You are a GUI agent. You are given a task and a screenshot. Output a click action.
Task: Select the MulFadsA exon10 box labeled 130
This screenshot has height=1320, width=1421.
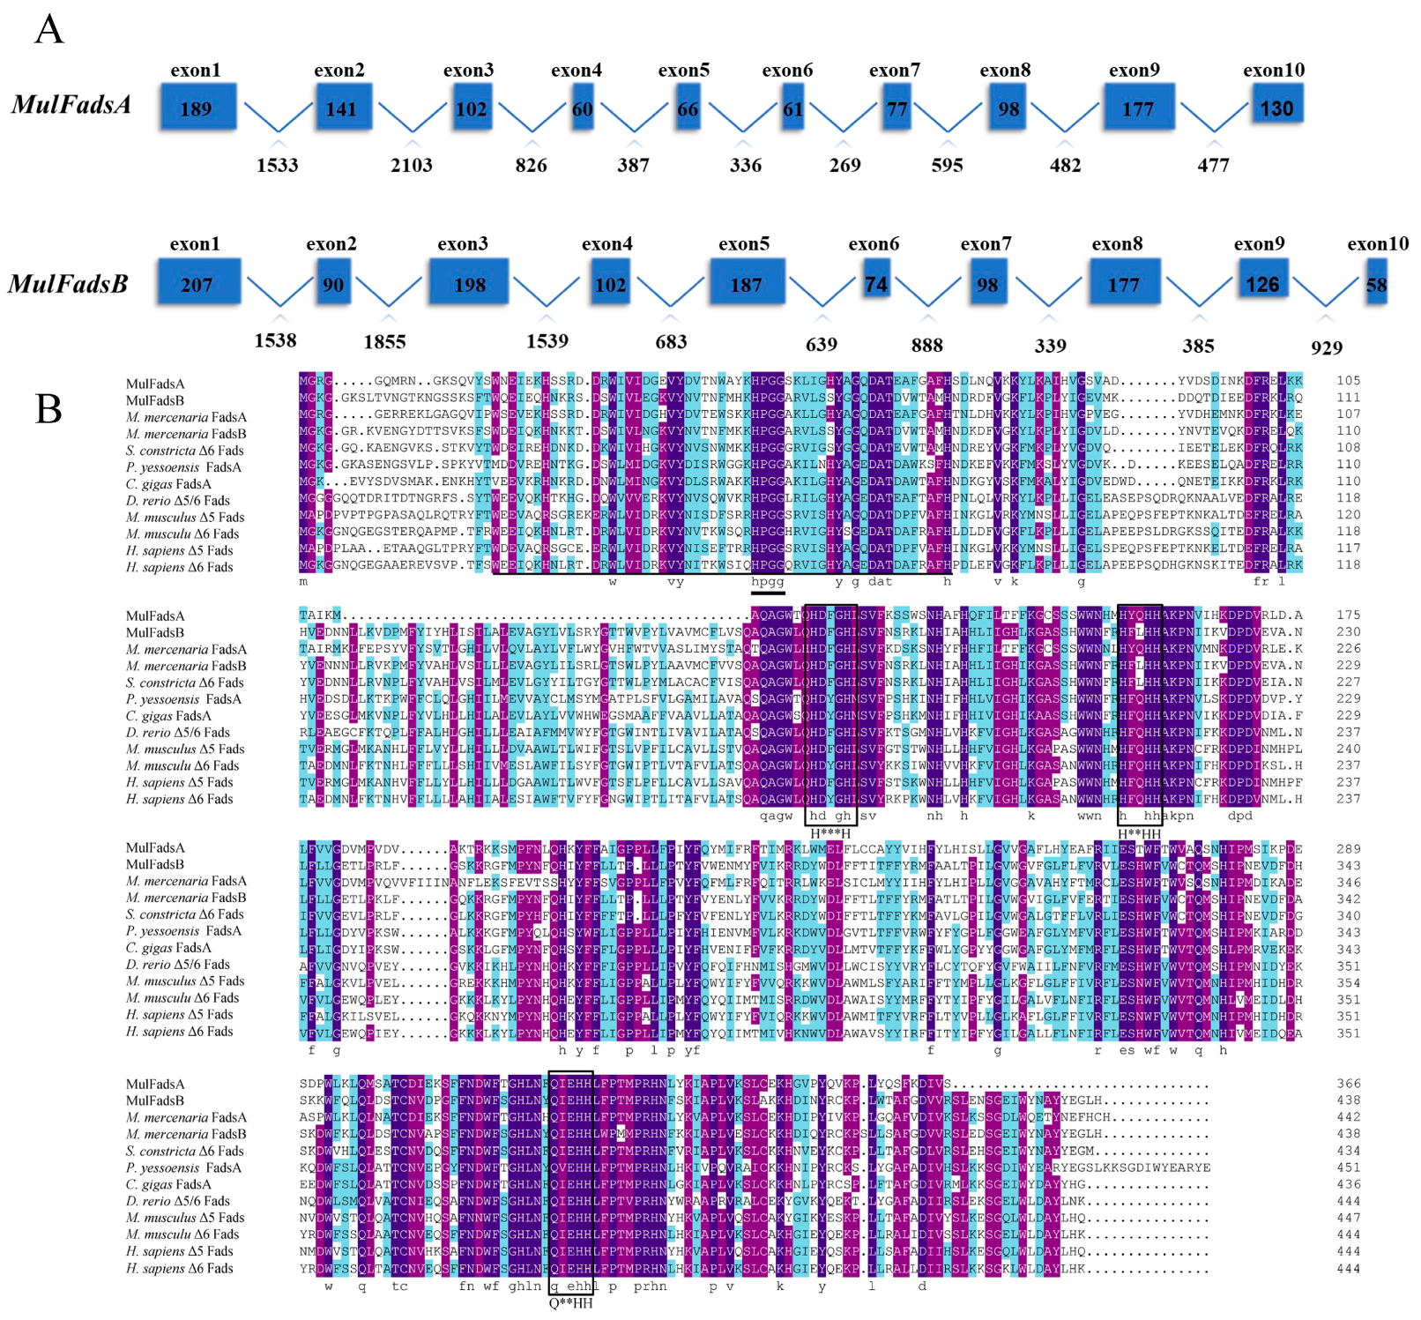(x=1276, y=107)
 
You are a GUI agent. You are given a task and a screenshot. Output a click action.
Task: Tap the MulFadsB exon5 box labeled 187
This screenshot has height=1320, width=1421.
(x=745, y=283)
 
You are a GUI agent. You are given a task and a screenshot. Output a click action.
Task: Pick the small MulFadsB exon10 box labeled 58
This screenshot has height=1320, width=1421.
(x=1375, y=284)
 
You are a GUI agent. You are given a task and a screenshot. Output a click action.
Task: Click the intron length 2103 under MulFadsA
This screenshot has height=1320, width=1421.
(x=412, y=165)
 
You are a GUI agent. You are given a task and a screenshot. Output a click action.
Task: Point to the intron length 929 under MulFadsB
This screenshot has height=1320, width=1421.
(x=1326, y=347)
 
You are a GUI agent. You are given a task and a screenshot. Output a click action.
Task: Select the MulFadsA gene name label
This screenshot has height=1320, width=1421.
(x=71, y=105)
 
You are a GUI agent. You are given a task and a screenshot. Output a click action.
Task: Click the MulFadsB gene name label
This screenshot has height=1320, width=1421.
(x=68, y=284)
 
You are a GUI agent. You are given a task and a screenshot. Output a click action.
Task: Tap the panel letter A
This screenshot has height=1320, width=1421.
(x=49, y=29)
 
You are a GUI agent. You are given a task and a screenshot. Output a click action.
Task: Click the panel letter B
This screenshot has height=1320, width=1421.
(x=48, y=409)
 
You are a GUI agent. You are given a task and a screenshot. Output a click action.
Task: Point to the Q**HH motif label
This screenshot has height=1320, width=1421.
(x=570, y=1303)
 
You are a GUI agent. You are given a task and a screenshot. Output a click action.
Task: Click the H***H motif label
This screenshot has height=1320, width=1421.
(x=830, y=834)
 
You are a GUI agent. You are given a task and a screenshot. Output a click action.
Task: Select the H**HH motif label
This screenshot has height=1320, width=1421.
(x=1139, y=834)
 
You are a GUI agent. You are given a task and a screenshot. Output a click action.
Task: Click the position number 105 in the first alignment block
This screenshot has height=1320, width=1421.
(x=1348, y=381)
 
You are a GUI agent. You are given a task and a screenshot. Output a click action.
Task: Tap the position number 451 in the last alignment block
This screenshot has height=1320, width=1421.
(x=1348, y=1167)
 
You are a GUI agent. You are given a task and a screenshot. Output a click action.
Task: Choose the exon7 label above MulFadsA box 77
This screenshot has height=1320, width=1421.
(x=894, y=70)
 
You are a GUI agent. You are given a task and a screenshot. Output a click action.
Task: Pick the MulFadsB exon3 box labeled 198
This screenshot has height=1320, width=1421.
(x=469, y=283)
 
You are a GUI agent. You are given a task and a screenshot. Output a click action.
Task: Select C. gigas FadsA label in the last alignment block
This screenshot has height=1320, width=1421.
(x=168, y=1184)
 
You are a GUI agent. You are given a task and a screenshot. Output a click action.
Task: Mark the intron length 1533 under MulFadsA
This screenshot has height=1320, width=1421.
(x=277, y=165)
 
